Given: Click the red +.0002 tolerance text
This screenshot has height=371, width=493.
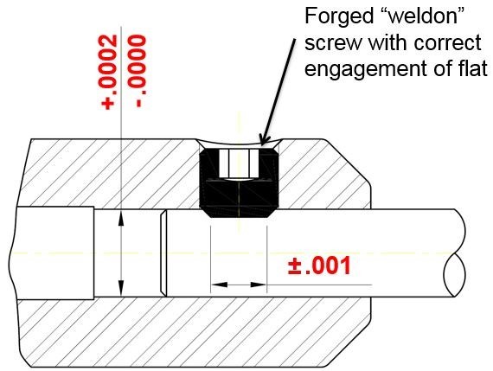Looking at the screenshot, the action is coord(109,73).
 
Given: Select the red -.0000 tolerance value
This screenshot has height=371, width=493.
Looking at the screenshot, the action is coord(137,71).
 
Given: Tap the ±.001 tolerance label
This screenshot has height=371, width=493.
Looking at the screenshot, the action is coord(319,266).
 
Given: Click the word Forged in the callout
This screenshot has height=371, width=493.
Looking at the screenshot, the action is coord(341,16).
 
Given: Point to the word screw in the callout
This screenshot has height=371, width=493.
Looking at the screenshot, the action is coord(334,42).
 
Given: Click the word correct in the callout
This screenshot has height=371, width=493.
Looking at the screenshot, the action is coord(448,42).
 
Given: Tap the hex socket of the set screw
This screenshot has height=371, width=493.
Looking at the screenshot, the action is coord(239,163).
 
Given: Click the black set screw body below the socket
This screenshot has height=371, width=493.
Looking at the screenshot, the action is coord(240,198).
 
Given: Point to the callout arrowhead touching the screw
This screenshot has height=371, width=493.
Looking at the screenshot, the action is coord(265,138).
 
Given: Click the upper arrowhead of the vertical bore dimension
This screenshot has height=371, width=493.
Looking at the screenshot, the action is coord(121,219).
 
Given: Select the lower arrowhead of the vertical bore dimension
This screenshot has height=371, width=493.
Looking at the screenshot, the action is coord(121,288).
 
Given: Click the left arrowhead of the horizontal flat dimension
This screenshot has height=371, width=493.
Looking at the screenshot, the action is coord(219,285).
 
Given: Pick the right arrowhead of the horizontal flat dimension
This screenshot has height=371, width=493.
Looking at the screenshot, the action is coord(259,285).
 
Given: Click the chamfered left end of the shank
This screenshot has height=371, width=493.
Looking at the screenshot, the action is coord(163,253).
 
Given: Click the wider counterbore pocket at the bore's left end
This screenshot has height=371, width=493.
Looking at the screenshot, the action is coord(55,253).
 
